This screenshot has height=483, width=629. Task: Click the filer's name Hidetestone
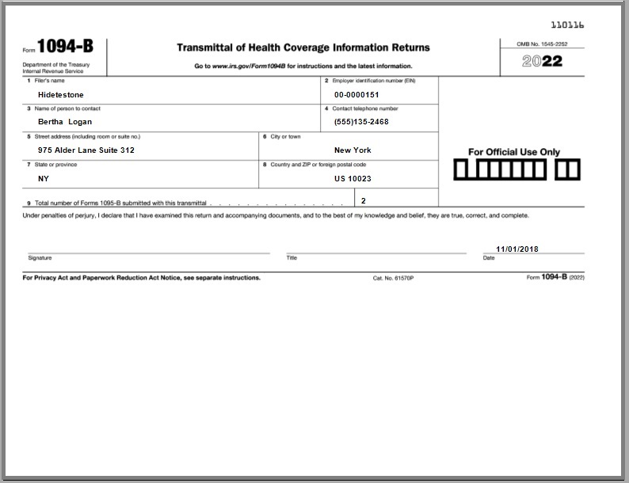(x=60, y=94)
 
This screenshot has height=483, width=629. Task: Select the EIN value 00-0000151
(x=351, y=94)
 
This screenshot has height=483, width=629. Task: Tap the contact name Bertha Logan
(x=65, y=122)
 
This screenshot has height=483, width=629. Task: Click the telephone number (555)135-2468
(x=361, y=122)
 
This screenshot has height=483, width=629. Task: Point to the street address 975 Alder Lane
(x=86, y=150)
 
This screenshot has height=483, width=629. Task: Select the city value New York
(x=353, y=150)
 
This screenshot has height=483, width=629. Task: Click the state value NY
(x=44, y=179)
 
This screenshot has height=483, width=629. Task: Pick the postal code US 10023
(x=353, y=179)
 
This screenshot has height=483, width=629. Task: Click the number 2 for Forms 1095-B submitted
(x=364, y=201)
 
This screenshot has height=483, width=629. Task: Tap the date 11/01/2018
(x=517, y=249)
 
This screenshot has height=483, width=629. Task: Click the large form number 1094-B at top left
(x=65, y=48)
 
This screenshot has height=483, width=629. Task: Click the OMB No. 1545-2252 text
(x=541, y=44)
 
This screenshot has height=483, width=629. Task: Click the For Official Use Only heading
(x=513, y=152)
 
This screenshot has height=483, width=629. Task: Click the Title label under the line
(x=292, y=258)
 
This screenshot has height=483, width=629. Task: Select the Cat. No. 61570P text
(x=393, y=279)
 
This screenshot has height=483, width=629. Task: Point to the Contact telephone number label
(x=365, y=108)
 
